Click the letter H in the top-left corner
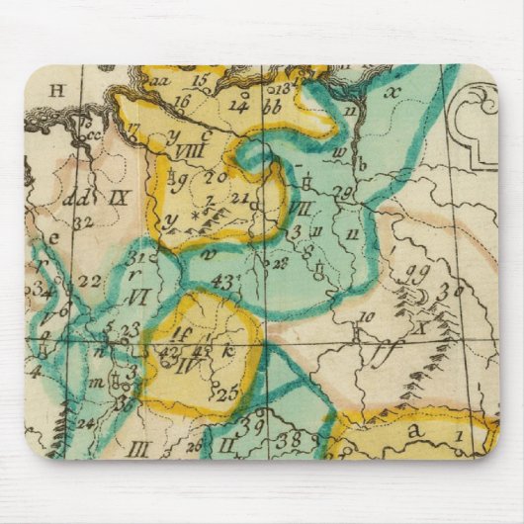point(56,91)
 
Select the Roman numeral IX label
point(120,198)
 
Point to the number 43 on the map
point(223,283)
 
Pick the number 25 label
point(228,394)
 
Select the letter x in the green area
point(393,92)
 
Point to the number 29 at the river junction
point(344,191)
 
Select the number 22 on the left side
point(90,282)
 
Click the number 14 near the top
point(238,103)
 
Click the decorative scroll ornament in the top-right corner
point(474,119)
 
